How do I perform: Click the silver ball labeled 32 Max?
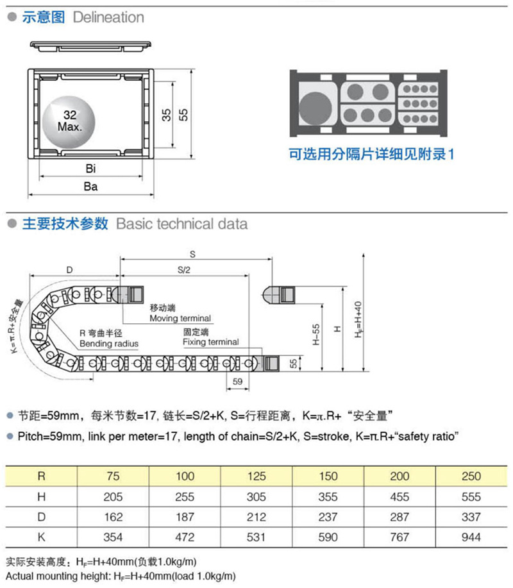69,120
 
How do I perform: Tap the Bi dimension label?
90,169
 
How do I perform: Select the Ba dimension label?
90,187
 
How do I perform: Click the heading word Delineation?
108,17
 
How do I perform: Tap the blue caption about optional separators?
371,155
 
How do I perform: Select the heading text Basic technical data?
181,224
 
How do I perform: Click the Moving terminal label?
180,318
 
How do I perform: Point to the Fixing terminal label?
210,342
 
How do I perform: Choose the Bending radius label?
109,344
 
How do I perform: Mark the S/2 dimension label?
184,269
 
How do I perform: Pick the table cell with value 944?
471,537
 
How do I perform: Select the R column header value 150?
328,476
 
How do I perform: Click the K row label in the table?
42,537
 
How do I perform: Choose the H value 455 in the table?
399,496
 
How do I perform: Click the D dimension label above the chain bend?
69,269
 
